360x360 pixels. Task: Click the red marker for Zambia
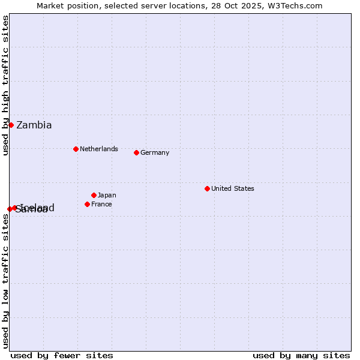pos(11,125)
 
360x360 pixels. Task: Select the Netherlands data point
pos(76,149)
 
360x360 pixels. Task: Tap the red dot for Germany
pos(136,152)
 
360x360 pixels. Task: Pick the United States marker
pos(207,188)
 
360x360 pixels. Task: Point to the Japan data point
pos(94,195)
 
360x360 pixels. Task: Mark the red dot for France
pos(87,204)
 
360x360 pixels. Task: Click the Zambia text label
pos(34,125)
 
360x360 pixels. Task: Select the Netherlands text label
pos(99,149)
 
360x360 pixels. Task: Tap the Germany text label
pos(155,152)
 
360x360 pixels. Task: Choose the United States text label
pos(233,188)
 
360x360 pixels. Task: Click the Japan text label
pos(107,195)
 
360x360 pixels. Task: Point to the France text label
pos(101,204)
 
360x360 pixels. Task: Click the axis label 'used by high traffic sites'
pos(5,85)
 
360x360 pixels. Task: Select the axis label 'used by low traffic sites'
pos(5,281)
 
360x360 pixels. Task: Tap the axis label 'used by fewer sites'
pos(62,355)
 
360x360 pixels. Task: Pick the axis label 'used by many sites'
pos(301,355)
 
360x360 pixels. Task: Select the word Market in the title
pos(50,5)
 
